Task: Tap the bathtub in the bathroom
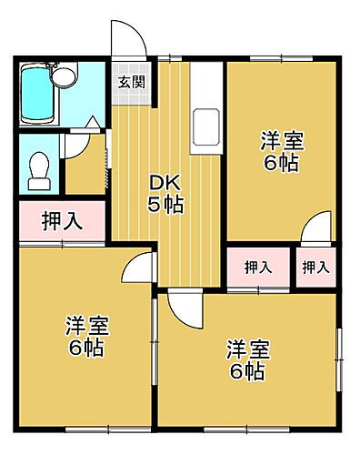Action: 41,94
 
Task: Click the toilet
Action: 39,167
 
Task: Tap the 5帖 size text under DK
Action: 165,204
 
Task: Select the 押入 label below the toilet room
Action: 60,221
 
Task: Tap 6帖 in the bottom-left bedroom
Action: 85,348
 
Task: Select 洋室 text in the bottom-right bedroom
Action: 247,349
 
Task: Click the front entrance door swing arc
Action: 127,38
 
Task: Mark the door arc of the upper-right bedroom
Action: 315,227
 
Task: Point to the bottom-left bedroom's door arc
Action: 136,265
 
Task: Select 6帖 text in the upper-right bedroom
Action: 281,164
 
